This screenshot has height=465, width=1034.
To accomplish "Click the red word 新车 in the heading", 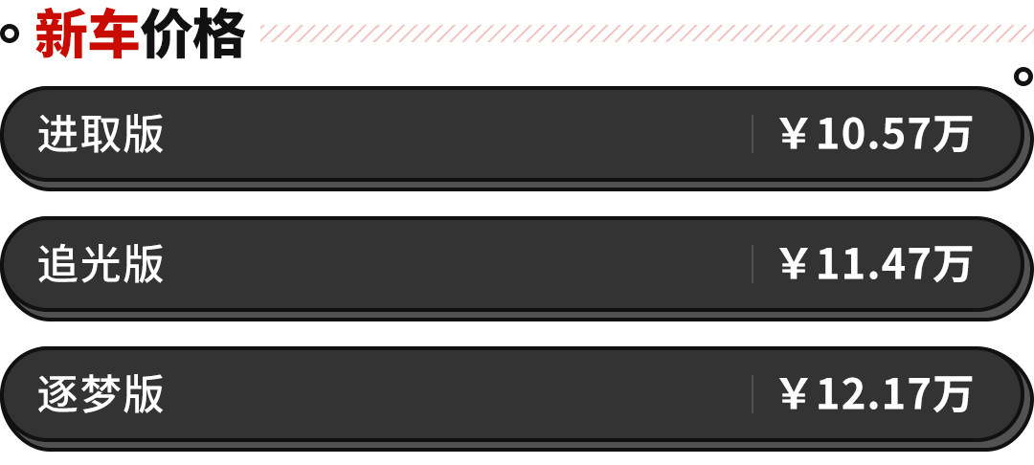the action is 87,34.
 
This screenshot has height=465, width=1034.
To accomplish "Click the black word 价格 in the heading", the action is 192,34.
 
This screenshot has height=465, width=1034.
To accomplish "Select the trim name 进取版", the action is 101,134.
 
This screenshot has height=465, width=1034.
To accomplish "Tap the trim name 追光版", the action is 101,264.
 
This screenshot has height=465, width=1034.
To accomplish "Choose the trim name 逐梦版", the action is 101,394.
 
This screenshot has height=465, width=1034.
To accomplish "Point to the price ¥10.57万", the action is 876,134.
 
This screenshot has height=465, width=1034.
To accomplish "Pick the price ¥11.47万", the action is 876,264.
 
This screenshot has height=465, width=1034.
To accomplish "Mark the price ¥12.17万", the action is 876,394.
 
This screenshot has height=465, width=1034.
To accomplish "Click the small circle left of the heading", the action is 9,33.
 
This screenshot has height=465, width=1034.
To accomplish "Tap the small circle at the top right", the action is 1023,77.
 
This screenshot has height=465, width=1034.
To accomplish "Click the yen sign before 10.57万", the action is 794,134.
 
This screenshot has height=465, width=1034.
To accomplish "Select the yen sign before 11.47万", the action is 794,265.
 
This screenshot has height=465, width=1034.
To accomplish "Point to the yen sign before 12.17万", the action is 794,395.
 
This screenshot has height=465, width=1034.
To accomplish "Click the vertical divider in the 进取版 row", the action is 753,134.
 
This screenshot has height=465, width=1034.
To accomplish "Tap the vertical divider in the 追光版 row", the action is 753,264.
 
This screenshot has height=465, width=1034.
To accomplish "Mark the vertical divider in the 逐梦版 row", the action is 753,394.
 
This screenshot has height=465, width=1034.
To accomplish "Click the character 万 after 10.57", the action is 953,134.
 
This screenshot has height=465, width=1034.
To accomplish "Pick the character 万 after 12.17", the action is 953,394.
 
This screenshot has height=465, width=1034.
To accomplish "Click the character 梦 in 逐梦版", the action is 101,394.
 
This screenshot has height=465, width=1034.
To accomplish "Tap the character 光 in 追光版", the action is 101,264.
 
